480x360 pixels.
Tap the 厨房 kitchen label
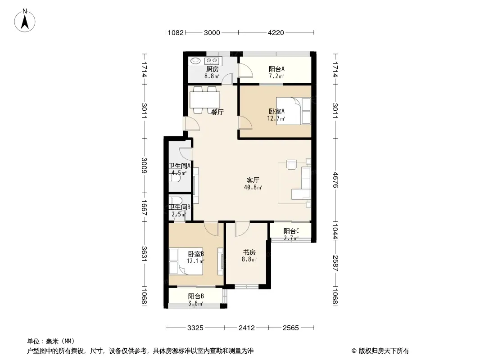pos(212,69)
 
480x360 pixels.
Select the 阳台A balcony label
pos(276,69)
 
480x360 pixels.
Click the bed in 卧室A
pos(293,111)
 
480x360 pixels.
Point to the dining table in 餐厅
pos(205,99)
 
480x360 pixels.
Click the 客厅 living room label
pos(253,180)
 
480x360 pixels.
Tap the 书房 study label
pos(249,252)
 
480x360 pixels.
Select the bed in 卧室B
pos(186,261)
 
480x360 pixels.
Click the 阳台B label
pos(196,297)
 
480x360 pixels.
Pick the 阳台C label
pos(291,231)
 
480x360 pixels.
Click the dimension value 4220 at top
pos(276,32)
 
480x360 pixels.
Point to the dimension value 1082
pos(176,32)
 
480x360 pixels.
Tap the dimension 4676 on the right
pos(335,180)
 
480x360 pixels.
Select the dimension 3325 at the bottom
pos(195,328)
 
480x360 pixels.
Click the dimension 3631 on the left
pos(145,254)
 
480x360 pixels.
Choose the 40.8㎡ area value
pos(253,187)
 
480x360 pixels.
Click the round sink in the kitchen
pos(195,61)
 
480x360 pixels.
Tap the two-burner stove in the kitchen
pos(212,61)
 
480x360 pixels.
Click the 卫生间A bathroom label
pos(180,166)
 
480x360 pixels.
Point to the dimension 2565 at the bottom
pos(291,328)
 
